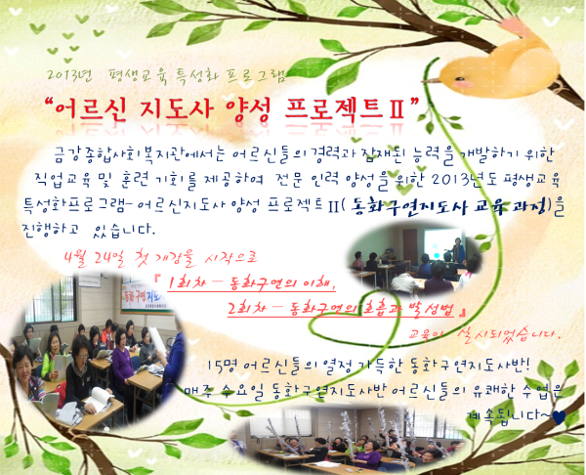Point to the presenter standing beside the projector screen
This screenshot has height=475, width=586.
(459, 246)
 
